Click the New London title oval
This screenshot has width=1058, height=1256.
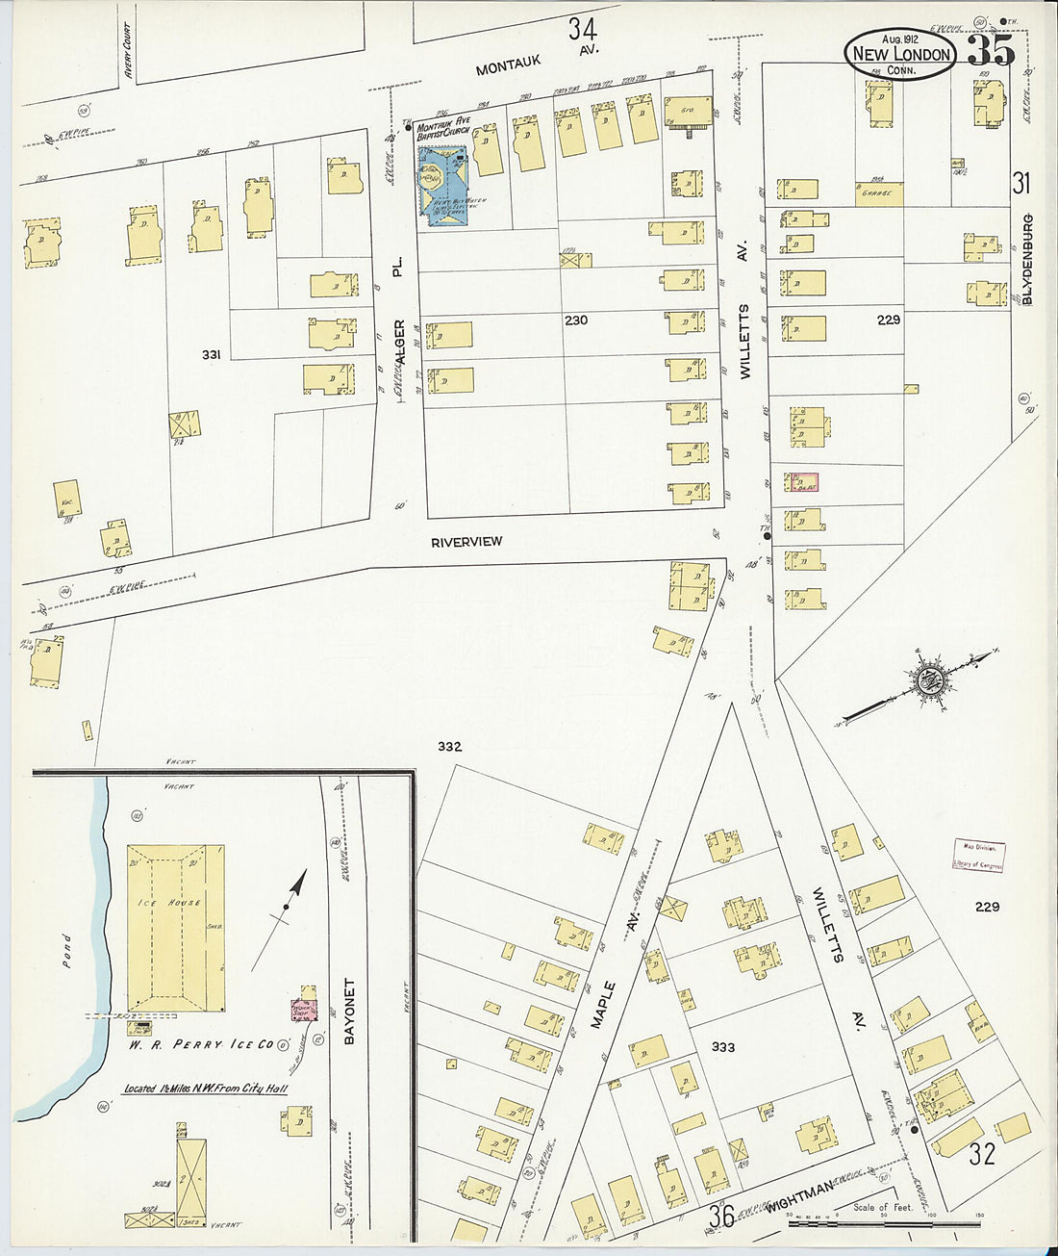point(900,54)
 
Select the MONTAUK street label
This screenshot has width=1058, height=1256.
point(508,64)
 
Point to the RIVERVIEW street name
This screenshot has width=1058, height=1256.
point(466,542)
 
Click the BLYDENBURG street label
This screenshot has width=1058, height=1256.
point(1027,260)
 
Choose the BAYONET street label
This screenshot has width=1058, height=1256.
point(350,1012)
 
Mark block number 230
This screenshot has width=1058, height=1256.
point(575,320)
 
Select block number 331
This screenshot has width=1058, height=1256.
point(211,354)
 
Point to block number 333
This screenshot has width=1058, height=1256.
point(722,1046)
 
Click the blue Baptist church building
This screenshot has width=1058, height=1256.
point(442,186)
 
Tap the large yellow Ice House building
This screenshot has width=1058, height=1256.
point(176,928)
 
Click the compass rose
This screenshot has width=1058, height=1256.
point(929,679)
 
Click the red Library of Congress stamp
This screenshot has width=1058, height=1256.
point(978,856)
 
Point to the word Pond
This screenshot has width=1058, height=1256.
point(66,951)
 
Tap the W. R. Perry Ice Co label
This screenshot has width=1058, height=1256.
point(204,1043)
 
